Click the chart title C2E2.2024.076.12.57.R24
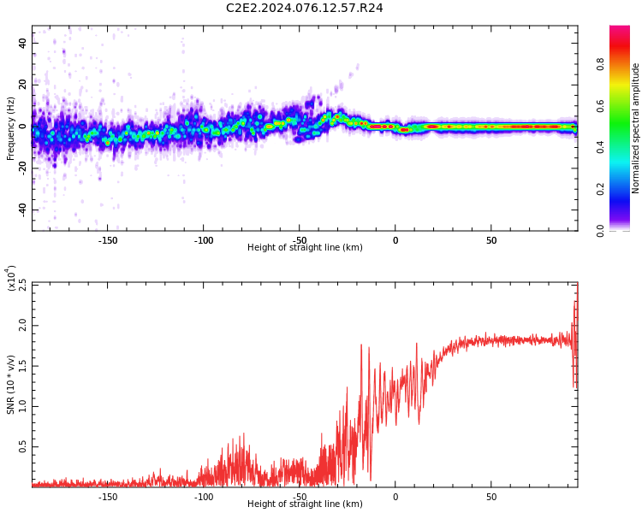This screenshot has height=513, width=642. click(305, 9)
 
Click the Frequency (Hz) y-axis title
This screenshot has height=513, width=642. click(11, 127)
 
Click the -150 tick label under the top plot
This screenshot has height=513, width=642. click(108, 240)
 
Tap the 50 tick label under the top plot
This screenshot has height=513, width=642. click(491, 240)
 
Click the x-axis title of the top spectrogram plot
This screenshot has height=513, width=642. click(305, 248)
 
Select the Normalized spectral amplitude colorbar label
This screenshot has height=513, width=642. click(636, 128)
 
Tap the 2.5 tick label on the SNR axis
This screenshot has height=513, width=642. click(21, 285)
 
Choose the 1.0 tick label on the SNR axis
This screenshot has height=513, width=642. click(21, 405)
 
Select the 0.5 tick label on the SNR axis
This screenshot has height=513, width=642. click(21, 446)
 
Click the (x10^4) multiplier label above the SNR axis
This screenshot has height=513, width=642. click(12, 277)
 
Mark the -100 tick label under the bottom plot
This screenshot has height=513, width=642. click(204, 497)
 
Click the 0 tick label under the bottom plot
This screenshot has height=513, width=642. click(395, 497)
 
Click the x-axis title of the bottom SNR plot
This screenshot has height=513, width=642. click(305, 504)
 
